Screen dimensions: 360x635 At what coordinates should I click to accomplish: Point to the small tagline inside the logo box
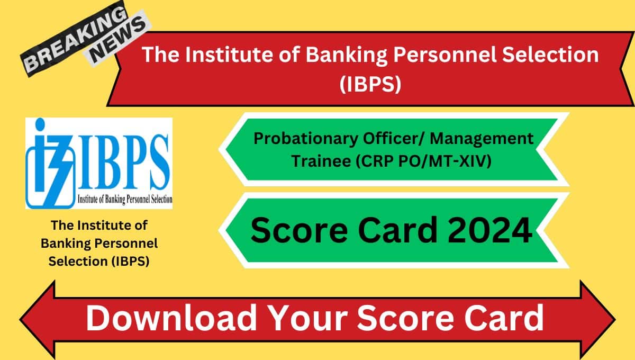coord(125,200)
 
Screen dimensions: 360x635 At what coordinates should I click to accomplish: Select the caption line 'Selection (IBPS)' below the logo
coord(99,260)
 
